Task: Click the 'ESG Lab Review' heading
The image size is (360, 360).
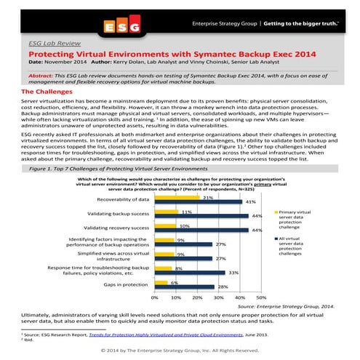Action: pyautogui.click(x=52, y=44)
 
